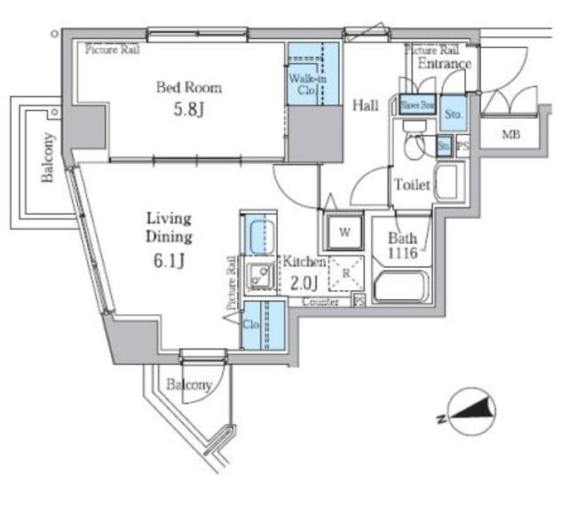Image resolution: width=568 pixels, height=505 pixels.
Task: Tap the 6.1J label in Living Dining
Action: click(169, 260)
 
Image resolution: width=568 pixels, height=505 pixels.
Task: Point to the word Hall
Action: click(365, 106)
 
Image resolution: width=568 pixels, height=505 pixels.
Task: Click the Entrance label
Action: click(444, 64)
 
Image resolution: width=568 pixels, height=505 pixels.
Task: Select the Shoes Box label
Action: click(416, 105)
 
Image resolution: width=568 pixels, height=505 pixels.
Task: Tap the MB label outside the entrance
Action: click(511, 135)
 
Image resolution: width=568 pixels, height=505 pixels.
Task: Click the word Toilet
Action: click(412, 185)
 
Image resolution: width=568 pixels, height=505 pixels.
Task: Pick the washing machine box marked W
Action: click(343, 234)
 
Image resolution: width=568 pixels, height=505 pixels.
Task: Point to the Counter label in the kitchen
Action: click(320, 303)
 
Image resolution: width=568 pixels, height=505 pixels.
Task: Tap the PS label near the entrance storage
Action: click(462, 146)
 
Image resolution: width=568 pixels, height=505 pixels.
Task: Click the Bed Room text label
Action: click(188, 88)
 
